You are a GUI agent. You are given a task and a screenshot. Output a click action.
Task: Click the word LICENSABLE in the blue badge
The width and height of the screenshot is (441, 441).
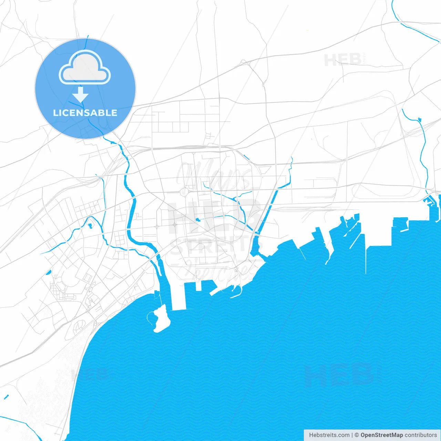coord(85,113)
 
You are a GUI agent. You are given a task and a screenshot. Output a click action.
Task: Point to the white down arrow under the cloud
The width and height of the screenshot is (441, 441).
coord(81,95)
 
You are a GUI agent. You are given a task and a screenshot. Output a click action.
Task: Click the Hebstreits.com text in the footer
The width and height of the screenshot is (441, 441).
coord(329,435)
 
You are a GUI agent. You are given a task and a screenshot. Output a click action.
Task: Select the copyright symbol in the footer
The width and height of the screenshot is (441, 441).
coord(357,435)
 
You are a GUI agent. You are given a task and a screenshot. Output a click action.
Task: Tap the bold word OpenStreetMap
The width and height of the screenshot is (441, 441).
coord(382,435)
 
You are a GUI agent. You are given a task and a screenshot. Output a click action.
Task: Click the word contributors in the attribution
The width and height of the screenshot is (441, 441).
coord(421,435)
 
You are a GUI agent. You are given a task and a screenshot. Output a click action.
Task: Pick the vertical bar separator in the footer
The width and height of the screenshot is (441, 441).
coord(352,435)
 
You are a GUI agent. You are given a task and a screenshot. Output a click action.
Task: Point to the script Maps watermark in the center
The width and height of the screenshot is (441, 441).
coord(214,176)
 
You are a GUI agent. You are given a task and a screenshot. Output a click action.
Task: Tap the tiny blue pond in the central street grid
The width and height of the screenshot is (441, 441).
coord(198,220)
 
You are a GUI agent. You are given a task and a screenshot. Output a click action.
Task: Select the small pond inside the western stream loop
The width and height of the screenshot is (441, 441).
coord(90,226)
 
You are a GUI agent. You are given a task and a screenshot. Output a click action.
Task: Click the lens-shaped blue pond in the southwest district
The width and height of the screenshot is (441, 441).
coord(48,272)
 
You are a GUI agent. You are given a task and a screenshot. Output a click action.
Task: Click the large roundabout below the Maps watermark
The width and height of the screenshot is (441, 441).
coord(184,192)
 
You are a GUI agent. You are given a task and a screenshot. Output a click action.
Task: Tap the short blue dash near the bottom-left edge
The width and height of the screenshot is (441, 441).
coord(6,397)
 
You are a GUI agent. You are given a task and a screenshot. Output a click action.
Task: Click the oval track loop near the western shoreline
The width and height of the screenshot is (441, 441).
coord(80,325)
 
